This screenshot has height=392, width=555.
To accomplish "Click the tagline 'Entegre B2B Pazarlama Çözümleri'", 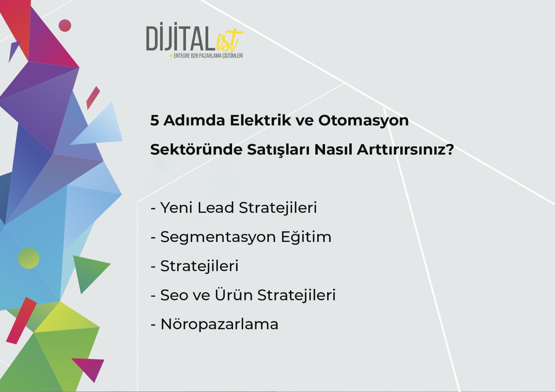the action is pos(208,56).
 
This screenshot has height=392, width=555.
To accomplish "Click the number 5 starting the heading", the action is pos(154,121).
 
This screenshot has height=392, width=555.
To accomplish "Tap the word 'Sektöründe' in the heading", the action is pos(196,149).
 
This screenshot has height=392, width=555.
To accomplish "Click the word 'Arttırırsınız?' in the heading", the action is pos(405,149).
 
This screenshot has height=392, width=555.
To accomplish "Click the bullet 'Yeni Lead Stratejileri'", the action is pos(234,208).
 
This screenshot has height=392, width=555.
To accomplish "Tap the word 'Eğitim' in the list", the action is pos(306,237).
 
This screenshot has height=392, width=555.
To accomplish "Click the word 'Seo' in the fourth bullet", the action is pos(174,295).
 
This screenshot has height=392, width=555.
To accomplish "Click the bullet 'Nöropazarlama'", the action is pos(215,324).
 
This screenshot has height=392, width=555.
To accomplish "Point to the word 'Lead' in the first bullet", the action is pos(215,208).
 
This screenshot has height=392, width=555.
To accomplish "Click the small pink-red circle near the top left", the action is pos(65,26).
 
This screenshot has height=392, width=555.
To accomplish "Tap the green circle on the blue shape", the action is pos(28,258).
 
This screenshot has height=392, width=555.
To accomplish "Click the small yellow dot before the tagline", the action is pos(171,56).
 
